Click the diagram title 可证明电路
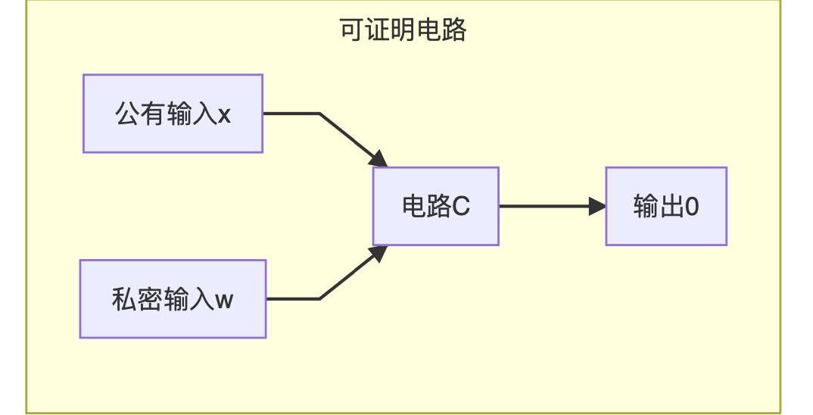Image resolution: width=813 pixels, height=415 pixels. click(403, 30)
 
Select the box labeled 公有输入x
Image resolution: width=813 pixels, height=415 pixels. click(173, 114)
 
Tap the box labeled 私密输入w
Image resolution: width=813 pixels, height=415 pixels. click(173, 299)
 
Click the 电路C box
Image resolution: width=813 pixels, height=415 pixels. click(435, 206)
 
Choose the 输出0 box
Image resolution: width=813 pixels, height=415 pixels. click(666, 206)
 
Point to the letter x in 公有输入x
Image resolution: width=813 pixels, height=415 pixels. click(224, 115)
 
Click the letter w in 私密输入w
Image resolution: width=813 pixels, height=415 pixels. click(225, 301)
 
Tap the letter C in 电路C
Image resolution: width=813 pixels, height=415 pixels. click(461, 207)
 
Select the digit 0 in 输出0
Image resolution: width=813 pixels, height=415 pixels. click(691, 207)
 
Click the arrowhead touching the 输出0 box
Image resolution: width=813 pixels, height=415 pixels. click(598, 206)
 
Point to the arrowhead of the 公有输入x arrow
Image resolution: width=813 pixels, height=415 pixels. click(379, 159)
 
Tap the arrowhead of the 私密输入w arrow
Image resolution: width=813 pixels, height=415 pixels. click(379, 253)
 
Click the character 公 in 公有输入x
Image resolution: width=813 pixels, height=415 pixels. click(126, 114)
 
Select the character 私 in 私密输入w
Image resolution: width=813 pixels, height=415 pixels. click(123, 300)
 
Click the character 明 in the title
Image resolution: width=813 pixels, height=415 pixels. click(403, 30)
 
